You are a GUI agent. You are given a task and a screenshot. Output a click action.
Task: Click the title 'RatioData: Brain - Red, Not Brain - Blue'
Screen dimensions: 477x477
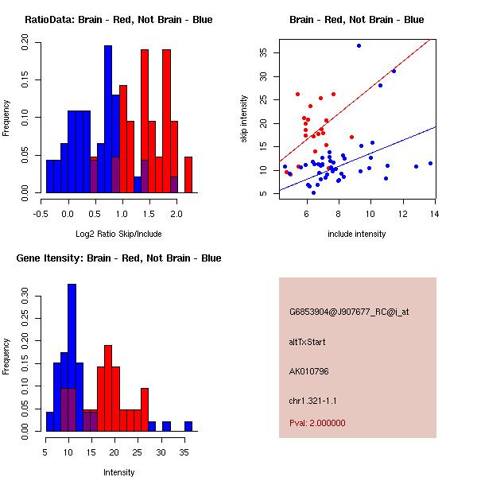118,20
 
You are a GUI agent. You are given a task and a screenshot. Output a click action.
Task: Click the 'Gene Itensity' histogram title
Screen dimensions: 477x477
118,258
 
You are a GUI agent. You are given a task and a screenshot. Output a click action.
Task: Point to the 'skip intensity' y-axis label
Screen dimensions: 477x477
245,119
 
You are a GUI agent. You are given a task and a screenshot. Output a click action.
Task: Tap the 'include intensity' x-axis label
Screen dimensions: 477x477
357,234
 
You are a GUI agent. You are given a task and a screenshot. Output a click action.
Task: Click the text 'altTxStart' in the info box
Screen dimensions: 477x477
307,342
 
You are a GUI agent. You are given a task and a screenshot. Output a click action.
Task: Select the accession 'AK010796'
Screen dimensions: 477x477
309,370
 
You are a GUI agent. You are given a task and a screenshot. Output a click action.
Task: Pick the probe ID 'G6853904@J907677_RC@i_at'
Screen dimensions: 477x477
349,312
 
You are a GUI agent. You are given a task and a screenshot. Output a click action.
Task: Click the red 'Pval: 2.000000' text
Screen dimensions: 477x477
317,423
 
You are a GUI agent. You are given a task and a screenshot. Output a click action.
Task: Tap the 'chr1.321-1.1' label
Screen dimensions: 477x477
313,400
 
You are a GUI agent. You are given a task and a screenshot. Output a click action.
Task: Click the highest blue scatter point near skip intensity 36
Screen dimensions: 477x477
359,45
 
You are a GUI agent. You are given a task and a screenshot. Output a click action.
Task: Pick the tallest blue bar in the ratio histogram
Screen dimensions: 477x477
108,119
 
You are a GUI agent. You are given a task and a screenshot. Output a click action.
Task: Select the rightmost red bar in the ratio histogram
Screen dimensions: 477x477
188,174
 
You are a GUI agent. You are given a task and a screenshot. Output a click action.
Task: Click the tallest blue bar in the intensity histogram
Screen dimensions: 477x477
72,358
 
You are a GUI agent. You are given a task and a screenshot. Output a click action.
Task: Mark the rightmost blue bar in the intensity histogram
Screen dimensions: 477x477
188,426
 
